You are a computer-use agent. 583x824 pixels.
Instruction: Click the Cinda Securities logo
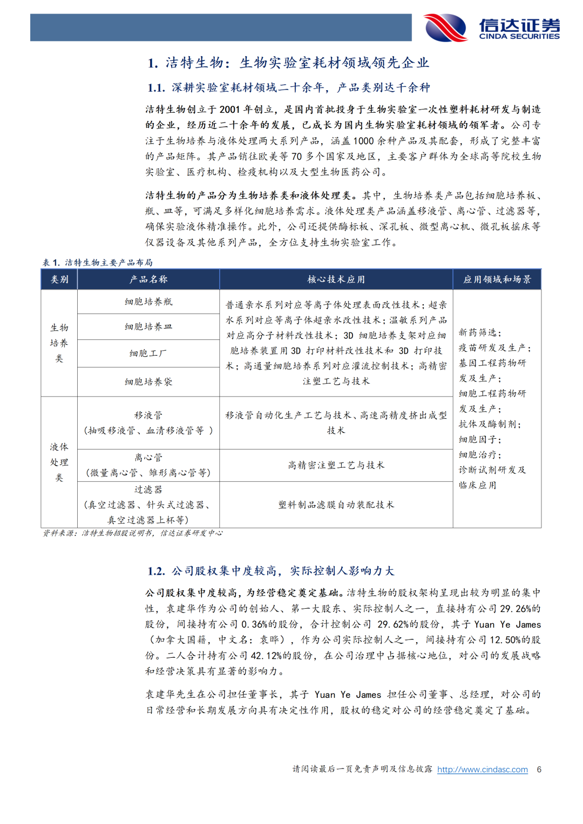pos(492,28)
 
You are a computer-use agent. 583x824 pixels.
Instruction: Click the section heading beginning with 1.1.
pos(289,87)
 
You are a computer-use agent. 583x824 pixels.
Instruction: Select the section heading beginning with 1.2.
pos(271,571)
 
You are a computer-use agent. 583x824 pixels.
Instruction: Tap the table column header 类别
pos(59,280)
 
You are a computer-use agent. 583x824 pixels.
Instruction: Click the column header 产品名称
pos(148,280)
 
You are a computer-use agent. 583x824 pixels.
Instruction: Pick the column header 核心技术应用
pos(336,280)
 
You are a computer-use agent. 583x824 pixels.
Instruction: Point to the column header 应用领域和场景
pos(497,280)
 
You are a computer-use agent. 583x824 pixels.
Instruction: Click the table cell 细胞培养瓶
pos(148,302)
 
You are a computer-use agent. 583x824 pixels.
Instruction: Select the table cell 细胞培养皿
pos(148,326)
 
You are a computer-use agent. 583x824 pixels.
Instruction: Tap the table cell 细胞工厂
pos(148,353)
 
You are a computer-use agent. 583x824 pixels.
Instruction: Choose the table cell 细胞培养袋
pos(148,382)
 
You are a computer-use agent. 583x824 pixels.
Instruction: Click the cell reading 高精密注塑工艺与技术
pos(336,465)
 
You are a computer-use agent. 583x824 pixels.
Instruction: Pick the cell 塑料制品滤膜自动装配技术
pos(336,505)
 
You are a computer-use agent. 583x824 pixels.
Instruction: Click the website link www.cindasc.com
pos(482,769)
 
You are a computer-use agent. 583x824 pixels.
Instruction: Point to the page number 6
pos(539,769)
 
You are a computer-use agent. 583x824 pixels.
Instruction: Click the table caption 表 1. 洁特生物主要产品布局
pos(98,263)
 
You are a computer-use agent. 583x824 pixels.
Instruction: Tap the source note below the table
pos(132,533)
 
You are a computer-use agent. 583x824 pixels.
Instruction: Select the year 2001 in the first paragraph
pos(229,110)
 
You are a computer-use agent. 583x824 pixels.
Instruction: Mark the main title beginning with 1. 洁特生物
pos(289,63)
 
